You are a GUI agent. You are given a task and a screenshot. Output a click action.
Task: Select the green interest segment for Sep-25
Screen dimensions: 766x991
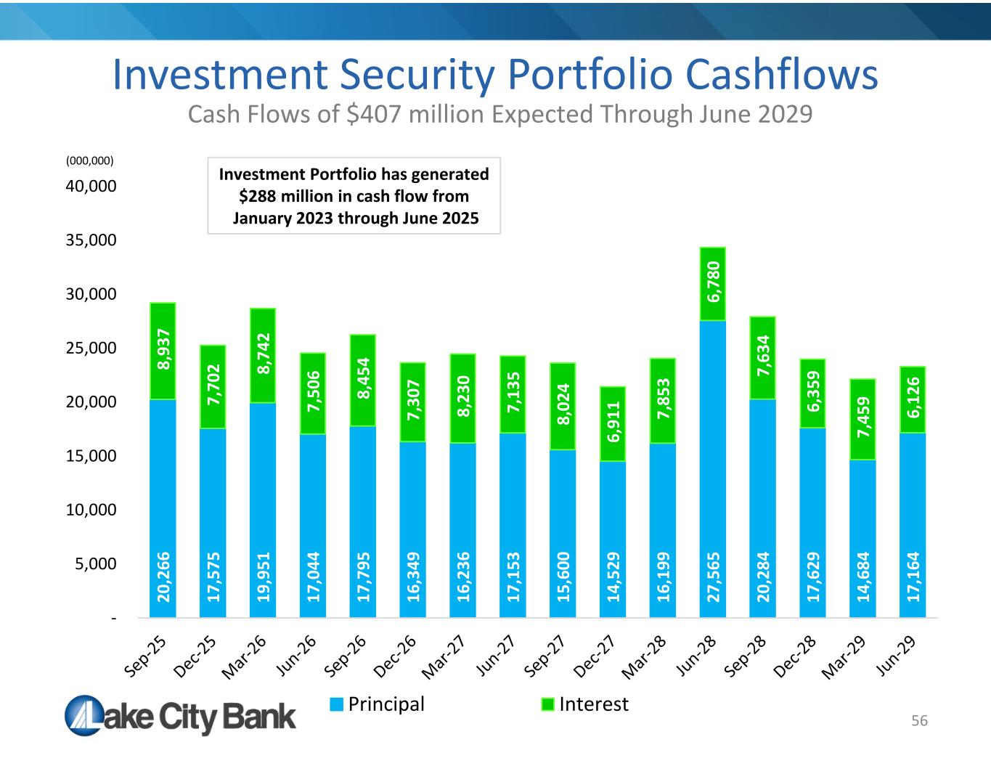163,351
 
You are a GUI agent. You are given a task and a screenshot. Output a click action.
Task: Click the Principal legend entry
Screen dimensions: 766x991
378,704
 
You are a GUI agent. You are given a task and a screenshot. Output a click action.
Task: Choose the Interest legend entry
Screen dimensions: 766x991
585,704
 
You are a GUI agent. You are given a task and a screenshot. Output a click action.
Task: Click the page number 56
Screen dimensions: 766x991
920,721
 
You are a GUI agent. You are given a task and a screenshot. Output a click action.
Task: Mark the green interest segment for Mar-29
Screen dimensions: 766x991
862,419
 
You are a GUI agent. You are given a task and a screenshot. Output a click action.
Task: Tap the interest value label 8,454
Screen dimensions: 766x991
362,379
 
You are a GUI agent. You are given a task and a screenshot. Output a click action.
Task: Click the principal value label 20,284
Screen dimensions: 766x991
763,576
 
